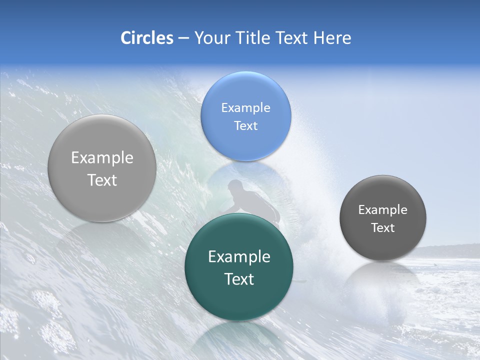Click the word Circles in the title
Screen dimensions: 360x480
point(146,38)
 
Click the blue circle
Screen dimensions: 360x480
point(246,116)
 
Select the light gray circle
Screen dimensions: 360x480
point(102,168)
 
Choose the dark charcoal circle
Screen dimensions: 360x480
point(383,218)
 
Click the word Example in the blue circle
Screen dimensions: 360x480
point(246,107)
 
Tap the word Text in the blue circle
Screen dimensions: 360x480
point(246,125)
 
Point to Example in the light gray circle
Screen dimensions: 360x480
point(102,157)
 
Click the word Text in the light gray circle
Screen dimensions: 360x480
point(102,180)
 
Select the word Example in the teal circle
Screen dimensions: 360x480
point(239,256)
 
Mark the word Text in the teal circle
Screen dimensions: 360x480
point(239,279)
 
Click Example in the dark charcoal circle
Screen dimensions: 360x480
point(383,209)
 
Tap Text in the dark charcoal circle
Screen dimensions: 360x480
point(383,227)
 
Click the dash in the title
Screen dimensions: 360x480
point(183,38)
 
